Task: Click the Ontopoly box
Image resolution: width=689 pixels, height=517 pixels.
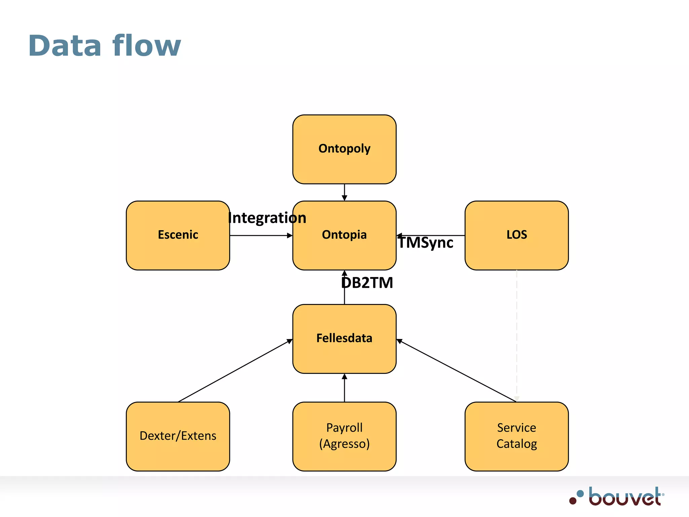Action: click(344, 149)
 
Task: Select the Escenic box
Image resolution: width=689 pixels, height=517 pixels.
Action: click(178, 235)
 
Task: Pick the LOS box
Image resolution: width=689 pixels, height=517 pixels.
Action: click(516, 235)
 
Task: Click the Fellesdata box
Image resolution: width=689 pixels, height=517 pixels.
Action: click(344, 339)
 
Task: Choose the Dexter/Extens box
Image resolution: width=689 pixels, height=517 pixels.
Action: click(178, 436)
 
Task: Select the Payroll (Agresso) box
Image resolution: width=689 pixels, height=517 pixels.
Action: click(344, 436)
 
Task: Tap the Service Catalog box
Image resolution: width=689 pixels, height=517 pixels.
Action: click(516, 436)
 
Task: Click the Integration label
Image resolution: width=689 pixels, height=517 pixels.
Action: click(267, 218)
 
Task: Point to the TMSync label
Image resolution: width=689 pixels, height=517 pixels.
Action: click(426, 243)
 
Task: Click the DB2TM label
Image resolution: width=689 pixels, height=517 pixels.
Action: click(367, 283)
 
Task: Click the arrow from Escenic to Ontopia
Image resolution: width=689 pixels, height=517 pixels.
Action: click(261, 236)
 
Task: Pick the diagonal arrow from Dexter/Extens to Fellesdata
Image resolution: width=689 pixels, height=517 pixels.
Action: click(235, 371)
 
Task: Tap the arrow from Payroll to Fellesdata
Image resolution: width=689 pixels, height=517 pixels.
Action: click(344, 388)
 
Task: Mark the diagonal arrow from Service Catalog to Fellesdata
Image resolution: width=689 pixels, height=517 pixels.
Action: click(457, 371)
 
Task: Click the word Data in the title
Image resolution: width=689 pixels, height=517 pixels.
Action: click(65, 46)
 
